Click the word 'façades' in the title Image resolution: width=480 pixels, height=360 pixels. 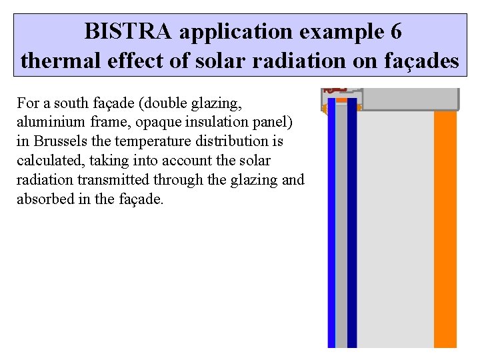point(419,61)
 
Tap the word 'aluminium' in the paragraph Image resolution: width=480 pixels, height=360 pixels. point(48,122)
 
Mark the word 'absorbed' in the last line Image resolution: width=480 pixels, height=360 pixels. point(43,199)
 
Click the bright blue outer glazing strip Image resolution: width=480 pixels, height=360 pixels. point(331,227)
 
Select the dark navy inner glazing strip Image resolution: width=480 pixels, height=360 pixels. point(352,227)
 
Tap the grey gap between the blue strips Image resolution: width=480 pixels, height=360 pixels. point(341,227)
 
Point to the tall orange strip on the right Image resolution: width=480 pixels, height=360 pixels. point(445,227)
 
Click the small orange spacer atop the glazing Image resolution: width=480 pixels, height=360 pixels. point(341,101)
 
